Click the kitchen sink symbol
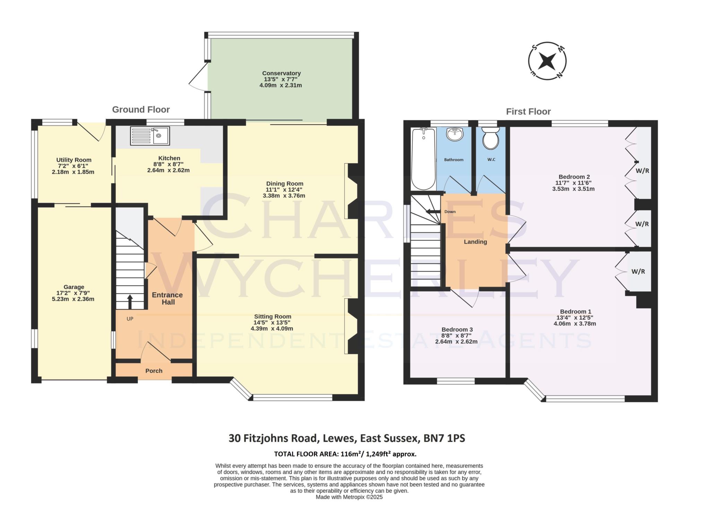click(150, 135)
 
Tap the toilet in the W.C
click(491, 138)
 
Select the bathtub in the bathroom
click(423, 159)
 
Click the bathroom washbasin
click(454, 134)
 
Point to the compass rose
click(547, 61)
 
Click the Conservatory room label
click(281, 73)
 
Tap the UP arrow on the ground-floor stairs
click(130, 301)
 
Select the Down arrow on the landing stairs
click(433, 212)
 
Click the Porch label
click(154, 371)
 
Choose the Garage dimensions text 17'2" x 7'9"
click(73, 293)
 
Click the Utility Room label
click(74, 160)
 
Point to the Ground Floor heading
click(141, 109)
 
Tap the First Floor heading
click(528, 112)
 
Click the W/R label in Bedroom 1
click(638, 272)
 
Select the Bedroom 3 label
click(457, 329)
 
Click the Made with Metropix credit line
click(349, 497)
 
